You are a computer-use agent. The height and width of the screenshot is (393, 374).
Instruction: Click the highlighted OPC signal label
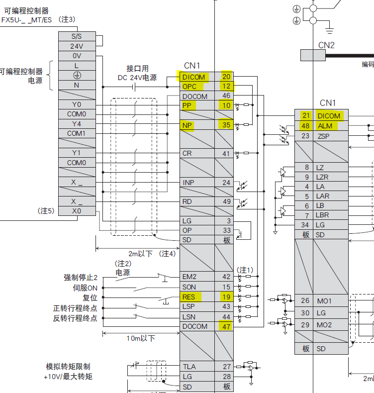(x=189, y=87)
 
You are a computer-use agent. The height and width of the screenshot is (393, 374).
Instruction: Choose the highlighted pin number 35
(x=226, y=125)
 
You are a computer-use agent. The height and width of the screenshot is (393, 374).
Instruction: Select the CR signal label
(x=187, y=154)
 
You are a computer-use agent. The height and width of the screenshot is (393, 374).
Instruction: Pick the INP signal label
(x=188, y=183)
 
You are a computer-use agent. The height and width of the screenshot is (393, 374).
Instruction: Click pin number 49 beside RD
(x=226, y=202)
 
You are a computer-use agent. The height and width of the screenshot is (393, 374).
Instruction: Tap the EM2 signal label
(x=189, y=277)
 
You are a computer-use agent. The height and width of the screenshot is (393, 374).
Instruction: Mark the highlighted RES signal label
(x=189, y=297)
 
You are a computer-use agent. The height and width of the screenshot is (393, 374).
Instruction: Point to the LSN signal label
(x=189, y=317)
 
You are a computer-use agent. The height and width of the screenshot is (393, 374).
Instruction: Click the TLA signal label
(x=189, y=367)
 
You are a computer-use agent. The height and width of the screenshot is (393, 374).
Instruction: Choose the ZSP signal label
(x=323, y=136)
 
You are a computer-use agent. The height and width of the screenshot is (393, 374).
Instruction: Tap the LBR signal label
(x=323, y=215)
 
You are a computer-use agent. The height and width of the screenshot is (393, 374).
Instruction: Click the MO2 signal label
(x=324, y=325)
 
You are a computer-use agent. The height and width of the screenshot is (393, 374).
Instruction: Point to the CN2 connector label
(x=326, y=45)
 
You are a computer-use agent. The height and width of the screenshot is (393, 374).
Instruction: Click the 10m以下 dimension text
(x=140, y=339)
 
